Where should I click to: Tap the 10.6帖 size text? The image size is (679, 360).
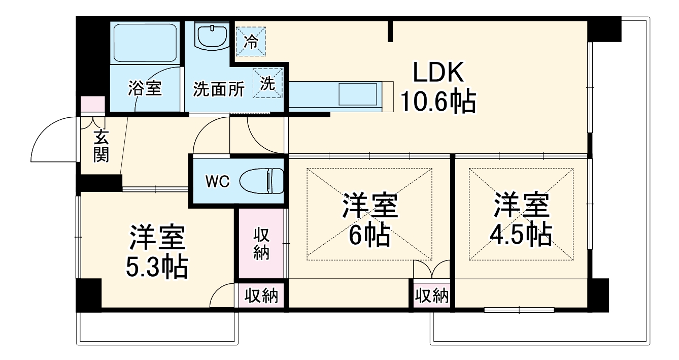pos(438,103)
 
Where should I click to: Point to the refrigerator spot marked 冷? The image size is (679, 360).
pos(249,41)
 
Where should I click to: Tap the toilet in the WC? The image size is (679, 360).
pos(262,180)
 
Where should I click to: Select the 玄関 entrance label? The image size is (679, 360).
pos(101,146)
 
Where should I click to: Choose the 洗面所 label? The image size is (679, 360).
pos(219,89)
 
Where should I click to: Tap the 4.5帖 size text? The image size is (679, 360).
pos(521,234)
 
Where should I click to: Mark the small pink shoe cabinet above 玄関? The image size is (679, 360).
pos(93,104)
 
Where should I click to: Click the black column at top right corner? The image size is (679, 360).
pos(604,29)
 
